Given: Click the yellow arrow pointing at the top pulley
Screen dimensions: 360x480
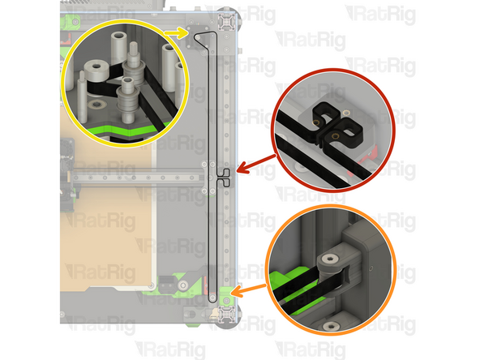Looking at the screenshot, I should [172, 32].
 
